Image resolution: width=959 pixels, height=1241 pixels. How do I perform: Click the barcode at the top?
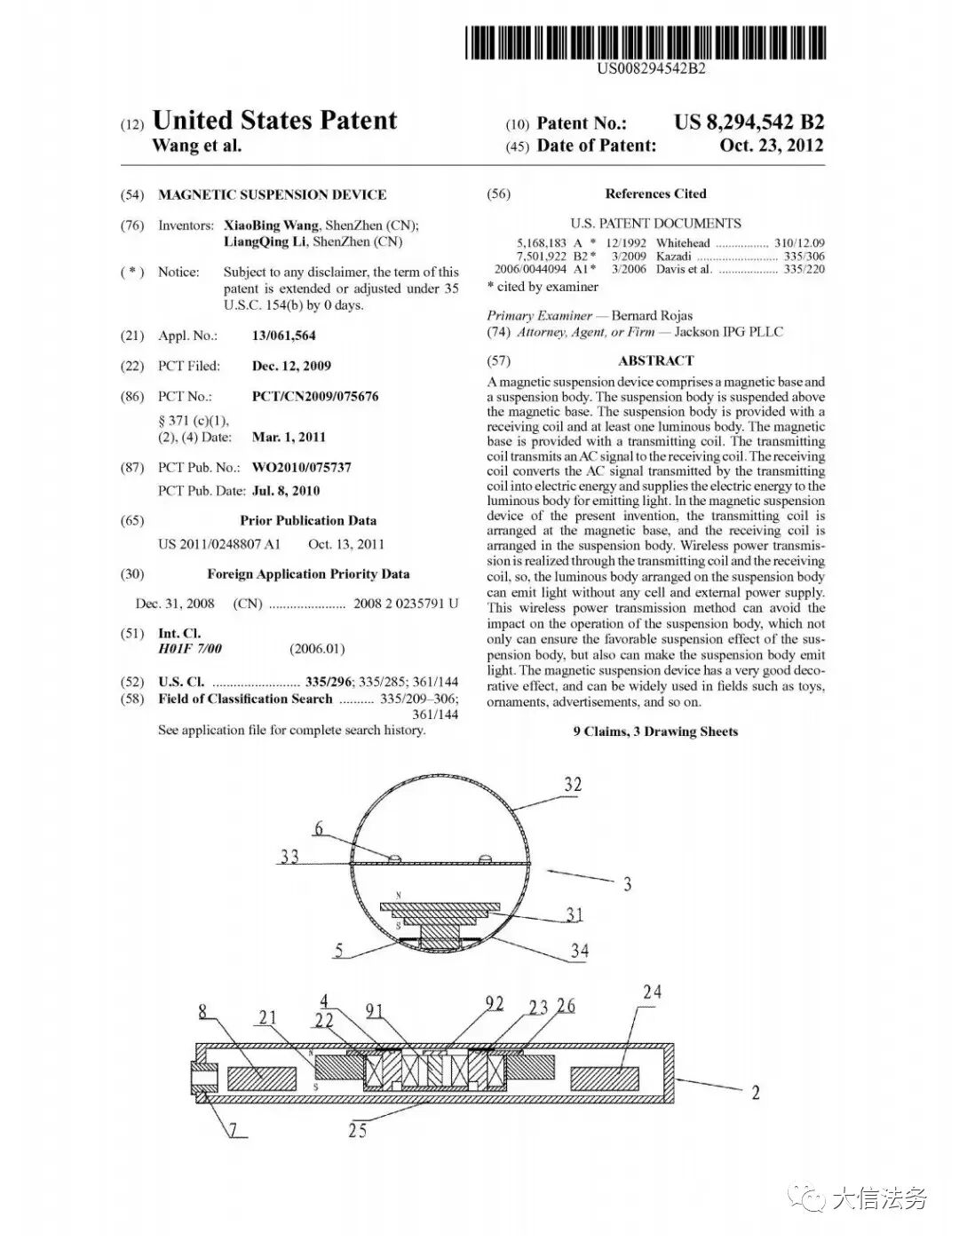646,42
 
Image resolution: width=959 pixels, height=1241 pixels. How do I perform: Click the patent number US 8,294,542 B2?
749,123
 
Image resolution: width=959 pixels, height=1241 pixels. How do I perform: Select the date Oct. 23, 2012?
771,146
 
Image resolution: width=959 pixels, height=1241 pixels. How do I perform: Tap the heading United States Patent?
274,121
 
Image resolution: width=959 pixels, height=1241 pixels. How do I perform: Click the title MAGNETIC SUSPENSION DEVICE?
272,194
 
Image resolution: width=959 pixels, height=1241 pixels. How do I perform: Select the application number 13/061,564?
283,336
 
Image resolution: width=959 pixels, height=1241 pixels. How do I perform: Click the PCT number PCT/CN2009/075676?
315,396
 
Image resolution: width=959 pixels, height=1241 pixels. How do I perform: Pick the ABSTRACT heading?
655,360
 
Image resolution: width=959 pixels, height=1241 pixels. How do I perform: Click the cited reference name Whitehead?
683,242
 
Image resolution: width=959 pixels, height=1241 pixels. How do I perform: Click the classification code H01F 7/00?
190,649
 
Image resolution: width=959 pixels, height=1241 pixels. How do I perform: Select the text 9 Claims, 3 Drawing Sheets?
655,731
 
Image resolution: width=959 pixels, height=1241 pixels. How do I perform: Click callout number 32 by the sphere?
573,784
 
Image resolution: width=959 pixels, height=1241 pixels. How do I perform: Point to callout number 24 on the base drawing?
652,992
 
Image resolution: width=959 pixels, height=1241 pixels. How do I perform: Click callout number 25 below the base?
357,1131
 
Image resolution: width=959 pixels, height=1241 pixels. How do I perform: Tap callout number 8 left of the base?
203,1010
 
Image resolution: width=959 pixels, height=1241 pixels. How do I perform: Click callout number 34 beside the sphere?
579,951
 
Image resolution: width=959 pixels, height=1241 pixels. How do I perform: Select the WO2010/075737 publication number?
301,467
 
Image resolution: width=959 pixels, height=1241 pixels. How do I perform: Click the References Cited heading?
655,194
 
